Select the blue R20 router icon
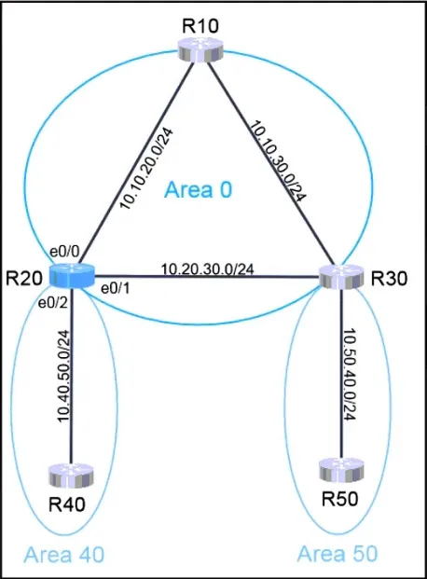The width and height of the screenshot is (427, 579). tap(72, 277)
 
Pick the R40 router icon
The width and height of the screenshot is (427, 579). tap(71, 476)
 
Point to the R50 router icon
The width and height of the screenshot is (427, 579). tap(341, 471)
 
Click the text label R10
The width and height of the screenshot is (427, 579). tap(200, 26)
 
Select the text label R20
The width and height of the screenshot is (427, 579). tap(24, 279)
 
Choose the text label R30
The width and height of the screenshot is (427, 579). tap(390, 279)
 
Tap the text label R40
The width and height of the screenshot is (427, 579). tap(67, 504)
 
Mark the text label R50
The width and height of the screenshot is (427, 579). tap(339, 499)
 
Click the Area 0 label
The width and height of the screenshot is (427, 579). tap(199, 190)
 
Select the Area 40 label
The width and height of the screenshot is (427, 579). tap(63, 554)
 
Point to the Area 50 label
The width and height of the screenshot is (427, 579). tap(337, 554)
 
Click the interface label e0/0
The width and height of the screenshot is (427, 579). tap(64, 252)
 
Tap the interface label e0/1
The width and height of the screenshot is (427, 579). tap(116, 289)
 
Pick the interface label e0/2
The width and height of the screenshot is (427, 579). tap(53, 303)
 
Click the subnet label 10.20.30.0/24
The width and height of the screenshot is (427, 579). tap(208, 269)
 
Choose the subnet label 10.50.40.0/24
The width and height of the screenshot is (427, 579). tap(349, 374)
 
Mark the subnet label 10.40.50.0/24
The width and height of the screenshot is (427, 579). tap(63, 376)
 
